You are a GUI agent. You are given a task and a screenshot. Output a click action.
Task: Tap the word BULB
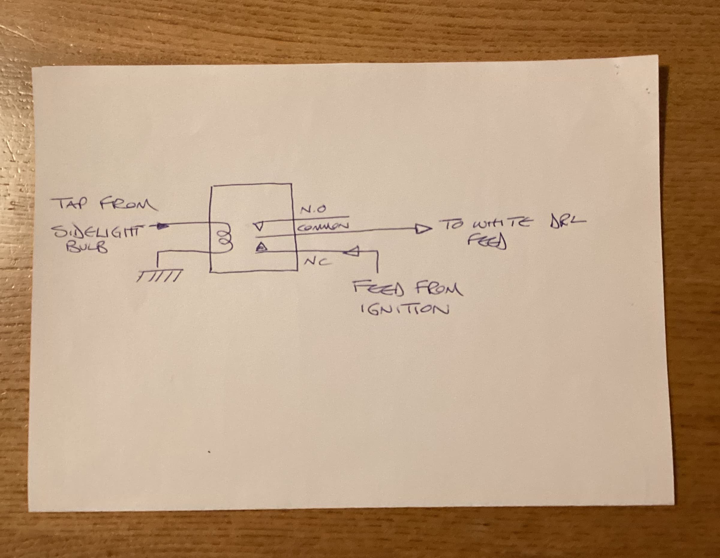(x=87, y=248)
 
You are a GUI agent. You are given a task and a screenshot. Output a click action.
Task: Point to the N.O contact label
(x=313, y=209)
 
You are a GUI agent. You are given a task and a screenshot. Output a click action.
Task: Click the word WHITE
(x=501, y=224)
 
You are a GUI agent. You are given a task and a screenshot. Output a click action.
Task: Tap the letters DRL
(x=567, y=222)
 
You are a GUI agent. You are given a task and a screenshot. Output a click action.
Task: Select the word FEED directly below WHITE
(x=487, y=243)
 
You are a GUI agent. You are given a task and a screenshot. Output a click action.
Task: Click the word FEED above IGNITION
(x=378, y=289)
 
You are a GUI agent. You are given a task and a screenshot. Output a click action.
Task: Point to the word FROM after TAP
(x=128, y=204)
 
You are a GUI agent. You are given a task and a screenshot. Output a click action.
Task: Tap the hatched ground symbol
(x=159, y=276)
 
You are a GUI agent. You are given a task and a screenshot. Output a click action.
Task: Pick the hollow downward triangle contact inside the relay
(x=259, y=227)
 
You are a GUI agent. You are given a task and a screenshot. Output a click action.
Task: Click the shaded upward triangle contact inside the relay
(x=261, y=247)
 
